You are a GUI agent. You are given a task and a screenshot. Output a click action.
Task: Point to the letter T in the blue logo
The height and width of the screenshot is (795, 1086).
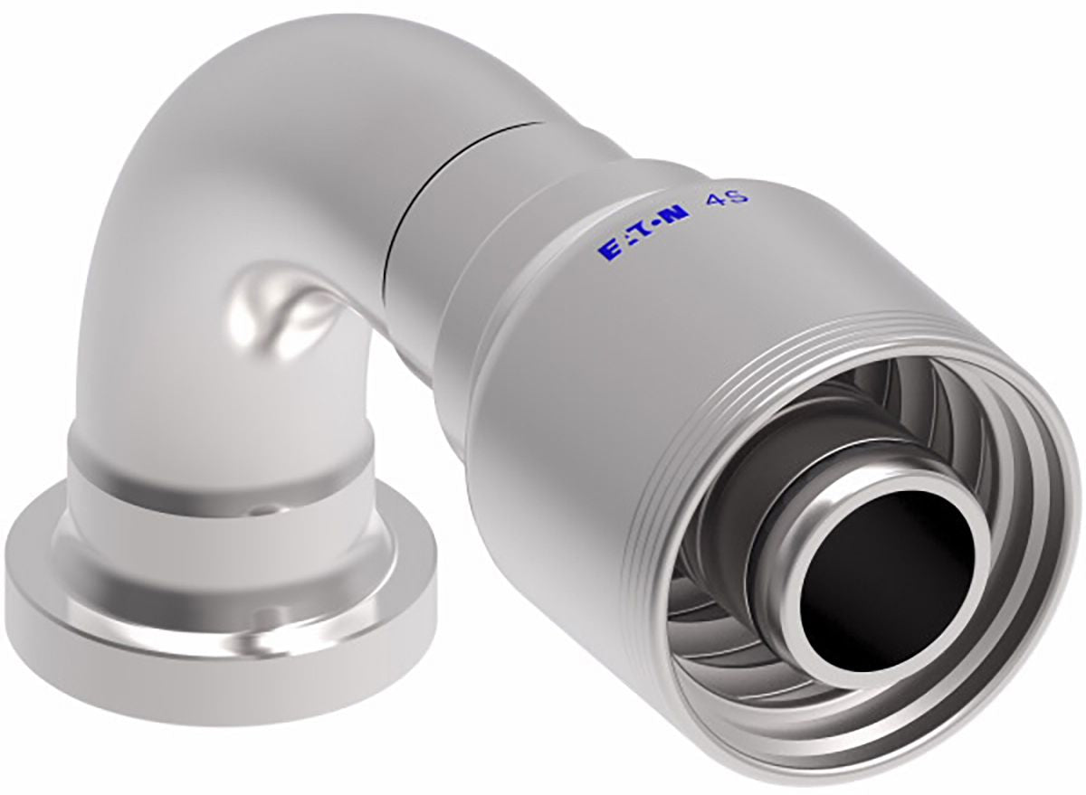tap(642, 232)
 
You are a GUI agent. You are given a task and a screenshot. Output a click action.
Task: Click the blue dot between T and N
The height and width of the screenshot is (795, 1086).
tap(657, 226)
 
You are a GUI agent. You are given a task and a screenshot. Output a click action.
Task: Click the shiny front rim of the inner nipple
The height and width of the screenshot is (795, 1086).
tap(779, 557)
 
